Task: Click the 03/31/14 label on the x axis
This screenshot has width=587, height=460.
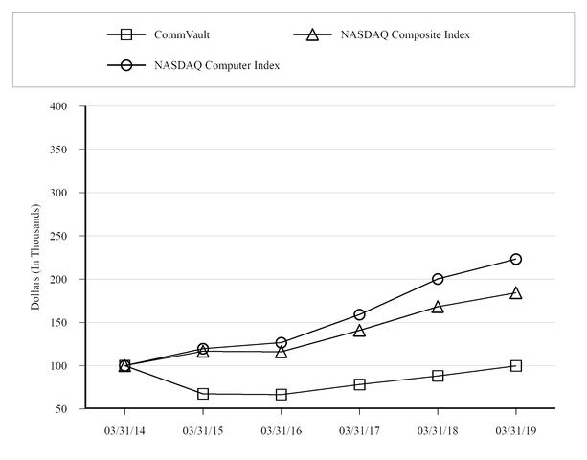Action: [124, 430]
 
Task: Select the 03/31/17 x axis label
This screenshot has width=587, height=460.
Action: [359, 430]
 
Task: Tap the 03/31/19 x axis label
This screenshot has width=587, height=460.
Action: [516, 430]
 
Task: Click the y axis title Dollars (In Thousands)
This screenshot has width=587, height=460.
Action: [35, 257]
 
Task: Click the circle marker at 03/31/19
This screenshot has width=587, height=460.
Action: [516, 259]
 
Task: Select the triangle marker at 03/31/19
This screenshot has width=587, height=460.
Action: [516, 293]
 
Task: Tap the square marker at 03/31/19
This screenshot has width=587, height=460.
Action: [516, 365]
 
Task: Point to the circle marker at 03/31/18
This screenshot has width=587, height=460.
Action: [438, 279]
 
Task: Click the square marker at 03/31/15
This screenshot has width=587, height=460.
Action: [203, 394]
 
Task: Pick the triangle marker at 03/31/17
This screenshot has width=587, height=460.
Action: [359, 331]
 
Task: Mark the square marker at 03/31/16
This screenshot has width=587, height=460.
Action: [281, 395]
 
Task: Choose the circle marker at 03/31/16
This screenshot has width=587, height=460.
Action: [281, 342]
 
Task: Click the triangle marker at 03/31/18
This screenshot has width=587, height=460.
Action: [438, 307]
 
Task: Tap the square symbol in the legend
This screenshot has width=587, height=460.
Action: [125, 35]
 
